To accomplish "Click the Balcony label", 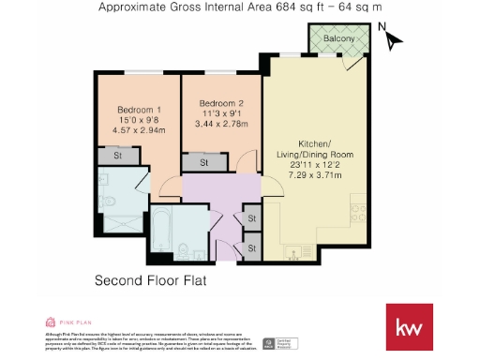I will coord(338,38).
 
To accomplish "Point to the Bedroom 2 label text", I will coord(221,103).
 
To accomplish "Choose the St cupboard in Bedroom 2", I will coord(204,162).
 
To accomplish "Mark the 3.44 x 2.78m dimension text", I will coord(221,124).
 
